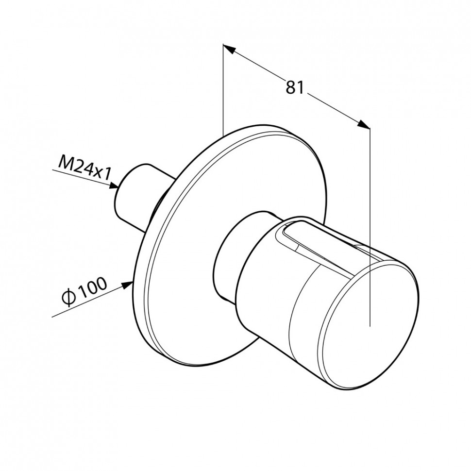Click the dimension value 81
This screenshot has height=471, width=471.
(x=295, y=87)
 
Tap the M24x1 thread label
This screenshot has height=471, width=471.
(x=84, y=168)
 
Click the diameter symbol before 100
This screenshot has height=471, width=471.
(x=67, y=298)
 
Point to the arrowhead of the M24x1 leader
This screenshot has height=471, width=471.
(x=114, y=185)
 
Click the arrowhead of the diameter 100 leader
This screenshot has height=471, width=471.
(x=127, y=285)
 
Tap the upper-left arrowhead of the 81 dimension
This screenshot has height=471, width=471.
(x=229, y=49)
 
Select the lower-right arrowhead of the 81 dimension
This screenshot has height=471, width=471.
(x=364, y=124)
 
